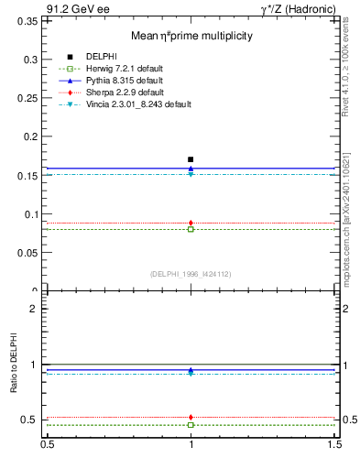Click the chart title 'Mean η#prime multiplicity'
(191, 36)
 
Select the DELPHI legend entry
(100, 57)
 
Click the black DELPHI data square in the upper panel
(191, 159)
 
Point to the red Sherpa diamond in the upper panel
(191, 223)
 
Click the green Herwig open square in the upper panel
(191, 229)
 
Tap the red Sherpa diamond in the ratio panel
(191, 417)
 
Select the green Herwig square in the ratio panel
(191, 425)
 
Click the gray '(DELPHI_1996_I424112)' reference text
(190, 274)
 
